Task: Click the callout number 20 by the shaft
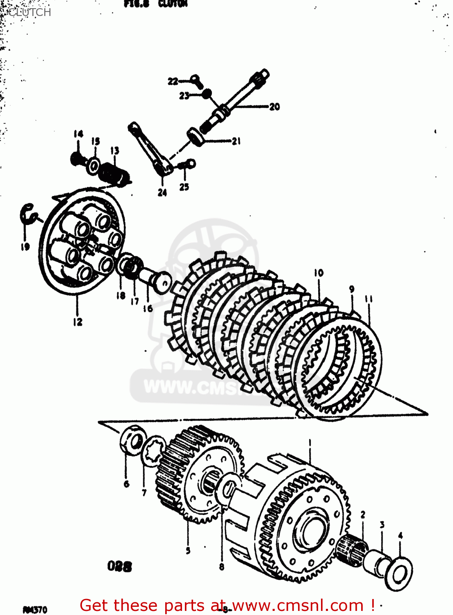coord(274,107)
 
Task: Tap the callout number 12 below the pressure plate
coord(77,322)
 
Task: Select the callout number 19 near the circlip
coord(25,246)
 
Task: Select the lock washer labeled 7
coord(152,451)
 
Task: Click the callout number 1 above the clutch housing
coord(310,443)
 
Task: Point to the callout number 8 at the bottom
coord(221,567)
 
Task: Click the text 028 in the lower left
coord(119,567)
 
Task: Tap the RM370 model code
coord(35,610)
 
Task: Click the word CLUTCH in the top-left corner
coord(30,12)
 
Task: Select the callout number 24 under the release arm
coord(162,192)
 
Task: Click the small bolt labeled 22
coord(197,80)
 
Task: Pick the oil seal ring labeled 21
coord(195,136)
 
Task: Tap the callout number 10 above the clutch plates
coord(319,273)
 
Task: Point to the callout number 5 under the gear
coord(188,550)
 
